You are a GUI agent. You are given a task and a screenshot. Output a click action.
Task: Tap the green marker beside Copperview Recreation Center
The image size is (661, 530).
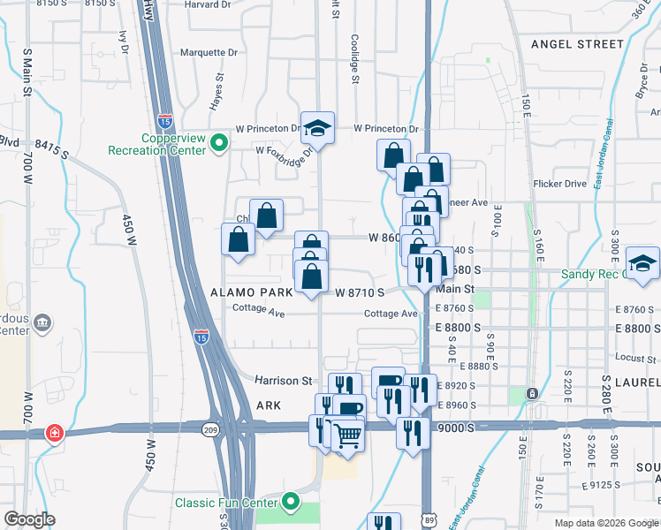218,141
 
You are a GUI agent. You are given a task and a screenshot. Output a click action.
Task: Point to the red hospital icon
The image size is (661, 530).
55,433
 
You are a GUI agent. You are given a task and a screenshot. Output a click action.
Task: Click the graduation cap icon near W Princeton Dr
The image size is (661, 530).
317,129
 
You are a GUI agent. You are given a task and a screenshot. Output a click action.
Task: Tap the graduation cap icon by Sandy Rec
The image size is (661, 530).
642,263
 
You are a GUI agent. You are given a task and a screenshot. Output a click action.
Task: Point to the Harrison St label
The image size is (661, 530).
285,381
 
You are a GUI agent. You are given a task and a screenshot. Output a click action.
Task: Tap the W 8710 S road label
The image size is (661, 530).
360,291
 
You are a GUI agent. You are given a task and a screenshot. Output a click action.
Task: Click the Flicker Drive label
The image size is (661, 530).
560,184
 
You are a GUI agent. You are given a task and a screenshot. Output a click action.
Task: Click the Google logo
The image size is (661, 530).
30,519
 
